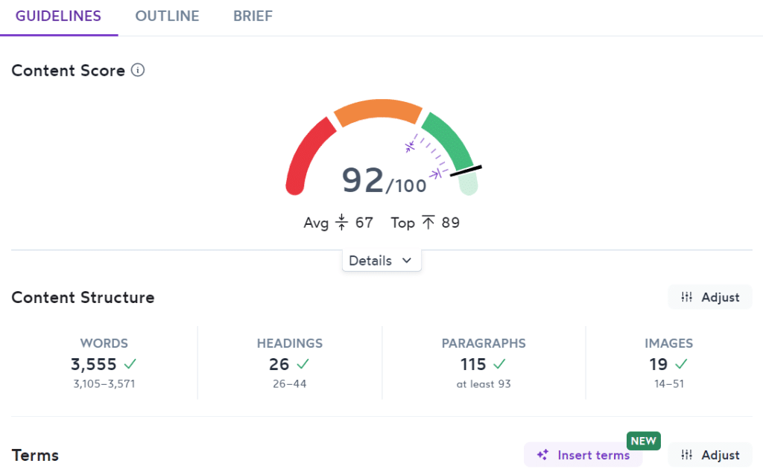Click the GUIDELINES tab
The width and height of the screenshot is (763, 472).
[x=58, y=16]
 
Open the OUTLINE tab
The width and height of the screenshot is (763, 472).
[x=167, y=16]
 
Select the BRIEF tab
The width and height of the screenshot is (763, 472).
[x=253, y=16]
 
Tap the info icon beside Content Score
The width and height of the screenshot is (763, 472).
[x=138, y=71]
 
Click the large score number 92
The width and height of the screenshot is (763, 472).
[x=363, y=180]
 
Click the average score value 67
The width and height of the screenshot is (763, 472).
[x=364, y=223]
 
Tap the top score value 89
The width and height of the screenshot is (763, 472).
[x=450, y=223]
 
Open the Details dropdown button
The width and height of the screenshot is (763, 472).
[x=381, y=261]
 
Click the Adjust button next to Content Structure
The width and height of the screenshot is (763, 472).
[x=710, y=297]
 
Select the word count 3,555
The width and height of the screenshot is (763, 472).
[x=94, y=365]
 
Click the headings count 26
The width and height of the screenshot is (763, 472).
[x=279, y=365]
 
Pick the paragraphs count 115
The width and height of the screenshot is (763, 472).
[x=473, y=365]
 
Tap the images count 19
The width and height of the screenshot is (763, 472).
[x=659, y=365]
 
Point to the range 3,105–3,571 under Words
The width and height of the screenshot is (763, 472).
[x=104, y=384]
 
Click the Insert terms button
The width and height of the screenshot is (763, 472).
[x=583, y=455]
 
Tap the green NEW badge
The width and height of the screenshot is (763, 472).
[x=643, y=441]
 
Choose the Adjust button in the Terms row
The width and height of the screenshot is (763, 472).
[x=710, y=455]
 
